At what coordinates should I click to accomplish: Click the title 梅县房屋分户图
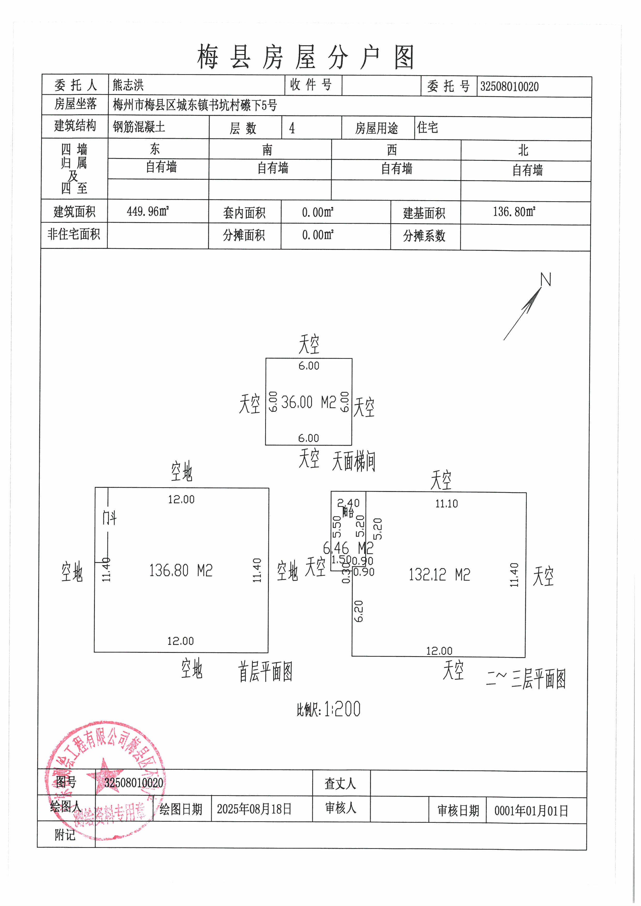click(x=306, y=57)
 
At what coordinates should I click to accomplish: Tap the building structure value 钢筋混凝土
click(x=139, y=127)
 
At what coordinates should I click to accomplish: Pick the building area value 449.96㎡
click(x=148, y=212)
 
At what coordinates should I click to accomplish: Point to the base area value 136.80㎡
click(x=514, y=212)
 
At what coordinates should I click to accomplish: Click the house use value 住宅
click(x=428, y=127)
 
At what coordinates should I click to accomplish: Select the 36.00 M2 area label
click(x=308, y=402)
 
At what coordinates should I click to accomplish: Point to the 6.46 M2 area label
click(x=348, y=548)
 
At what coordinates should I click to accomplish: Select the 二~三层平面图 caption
click(x=526, y=679)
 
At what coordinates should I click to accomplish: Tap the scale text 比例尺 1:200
click(x=329, y=709)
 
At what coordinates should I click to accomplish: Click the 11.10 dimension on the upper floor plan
click(x=446, y=504)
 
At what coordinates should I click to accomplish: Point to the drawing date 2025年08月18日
click(x=254, y=809)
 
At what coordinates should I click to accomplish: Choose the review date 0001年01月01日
click(x=531, y=811)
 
